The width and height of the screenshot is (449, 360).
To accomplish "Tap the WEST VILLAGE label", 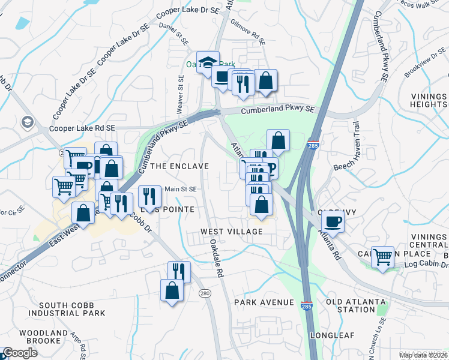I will point(232,232).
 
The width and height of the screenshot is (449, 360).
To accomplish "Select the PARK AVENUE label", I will point(264,302).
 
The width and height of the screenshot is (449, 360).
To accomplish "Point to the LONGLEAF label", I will point(333,335).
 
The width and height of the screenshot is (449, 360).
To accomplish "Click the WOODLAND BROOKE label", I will point(43,337).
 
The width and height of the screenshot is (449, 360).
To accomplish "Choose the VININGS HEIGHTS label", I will point(429,101).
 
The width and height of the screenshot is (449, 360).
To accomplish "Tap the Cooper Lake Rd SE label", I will point(75,128).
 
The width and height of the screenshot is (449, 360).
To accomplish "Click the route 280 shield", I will point(205,292).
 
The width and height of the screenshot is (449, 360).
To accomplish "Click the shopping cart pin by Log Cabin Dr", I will point(382,257).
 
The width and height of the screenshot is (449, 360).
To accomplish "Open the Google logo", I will point(21,353).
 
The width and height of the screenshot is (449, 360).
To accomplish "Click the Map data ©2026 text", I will point(423,355).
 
